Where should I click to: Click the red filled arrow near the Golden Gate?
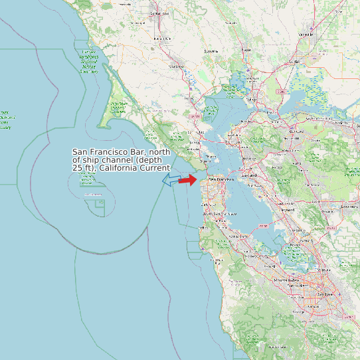tap(188, 179)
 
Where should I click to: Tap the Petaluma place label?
tap(177, 66)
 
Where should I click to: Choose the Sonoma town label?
tap(211, 51)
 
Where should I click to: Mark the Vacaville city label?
tap(306, 34)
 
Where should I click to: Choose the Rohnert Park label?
tap(163, 39)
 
